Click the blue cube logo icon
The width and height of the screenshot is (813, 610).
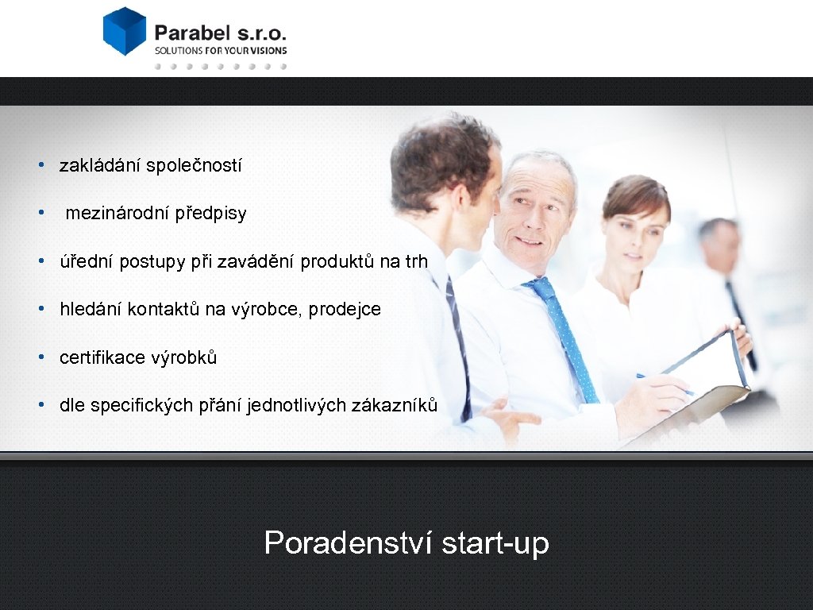click(125, 31)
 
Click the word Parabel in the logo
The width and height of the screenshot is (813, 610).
click(191, 33)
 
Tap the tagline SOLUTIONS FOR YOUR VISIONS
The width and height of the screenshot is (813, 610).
click(221, 50)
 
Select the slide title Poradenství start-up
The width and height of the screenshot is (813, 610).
click(406, 543)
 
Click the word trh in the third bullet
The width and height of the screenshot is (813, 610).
click(416, 261)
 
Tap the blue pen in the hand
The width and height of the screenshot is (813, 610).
click(663, 384)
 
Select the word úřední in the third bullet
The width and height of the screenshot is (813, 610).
click(87, 261)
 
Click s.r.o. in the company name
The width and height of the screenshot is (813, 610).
click(261, 33)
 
